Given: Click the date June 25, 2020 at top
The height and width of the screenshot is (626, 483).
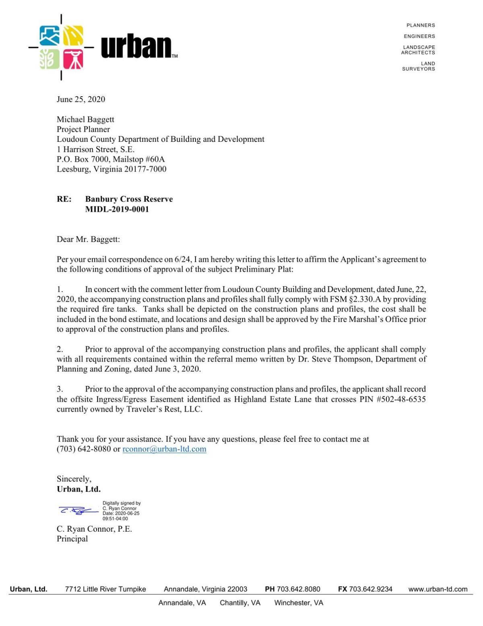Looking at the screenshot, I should tap(80, 99).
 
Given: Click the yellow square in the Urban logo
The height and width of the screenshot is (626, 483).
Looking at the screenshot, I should tap(73, 36).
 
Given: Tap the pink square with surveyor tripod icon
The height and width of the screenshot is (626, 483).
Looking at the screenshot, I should tap(73, 59).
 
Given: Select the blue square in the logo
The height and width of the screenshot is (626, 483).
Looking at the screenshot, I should tap(50, 36).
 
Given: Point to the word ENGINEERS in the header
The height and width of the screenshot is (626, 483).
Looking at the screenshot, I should tap(419, 36).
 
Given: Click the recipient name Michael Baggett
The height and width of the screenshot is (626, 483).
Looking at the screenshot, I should tap(85, 119).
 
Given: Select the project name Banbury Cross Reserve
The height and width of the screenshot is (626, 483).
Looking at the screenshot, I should tap(129, 199).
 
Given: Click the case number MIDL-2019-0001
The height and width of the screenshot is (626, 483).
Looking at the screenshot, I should tap(117, 209).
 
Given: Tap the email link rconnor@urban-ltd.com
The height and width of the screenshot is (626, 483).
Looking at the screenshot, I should tap(164, 449).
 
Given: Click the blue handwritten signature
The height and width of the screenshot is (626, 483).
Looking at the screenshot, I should tap(78, 511).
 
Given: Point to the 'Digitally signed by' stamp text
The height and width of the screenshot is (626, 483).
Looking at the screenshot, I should tap(121, 503).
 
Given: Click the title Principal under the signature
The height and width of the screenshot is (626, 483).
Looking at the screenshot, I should tap(72, 539).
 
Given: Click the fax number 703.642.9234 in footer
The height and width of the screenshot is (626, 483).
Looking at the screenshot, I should tap(370, 589).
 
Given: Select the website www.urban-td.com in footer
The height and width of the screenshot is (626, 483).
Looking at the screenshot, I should tap(438, 589).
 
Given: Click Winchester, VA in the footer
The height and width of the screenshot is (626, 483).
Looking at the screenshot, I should tap(299, 603).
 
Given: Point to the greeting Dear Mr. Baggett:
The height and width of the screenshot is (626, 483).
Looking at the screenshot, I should tap(88, 239).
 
